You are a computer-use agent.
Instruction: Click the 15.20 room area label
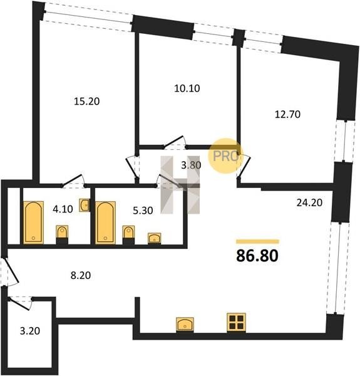coord(86,102)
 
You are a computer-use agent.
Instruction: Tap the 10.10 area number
coord(187,88)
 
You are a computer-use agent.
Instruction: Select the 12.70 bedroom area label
coord(287,115)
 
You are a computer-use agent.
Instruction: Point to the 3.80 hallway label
coord(191,165)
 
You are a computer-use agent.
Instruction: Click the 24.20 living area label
coord(309,203)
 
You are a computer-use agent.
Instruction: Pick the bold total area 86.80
coord(257,256)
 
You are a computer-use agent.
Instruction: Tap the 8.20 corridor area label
coord(81,276)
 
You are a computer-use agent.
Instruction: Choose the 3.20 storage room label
coord(29,331)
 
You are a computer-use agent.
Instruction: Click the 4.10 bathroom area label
coord(63,209)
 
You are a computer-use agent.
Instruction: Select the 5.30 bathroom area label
coord(143,211)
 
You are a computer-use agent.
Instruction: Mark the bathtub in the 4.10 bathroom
coord(34,222)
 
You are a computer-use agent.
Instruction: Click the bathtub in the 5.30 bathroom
coord(105,222)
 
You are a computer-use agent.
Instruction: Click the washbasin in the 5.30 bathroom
coord(154,238)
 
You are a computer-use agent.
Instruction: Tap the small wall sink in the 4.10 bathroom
coord(85,206)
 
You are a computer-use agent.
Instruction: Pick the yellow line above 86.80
coord(257,241)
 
